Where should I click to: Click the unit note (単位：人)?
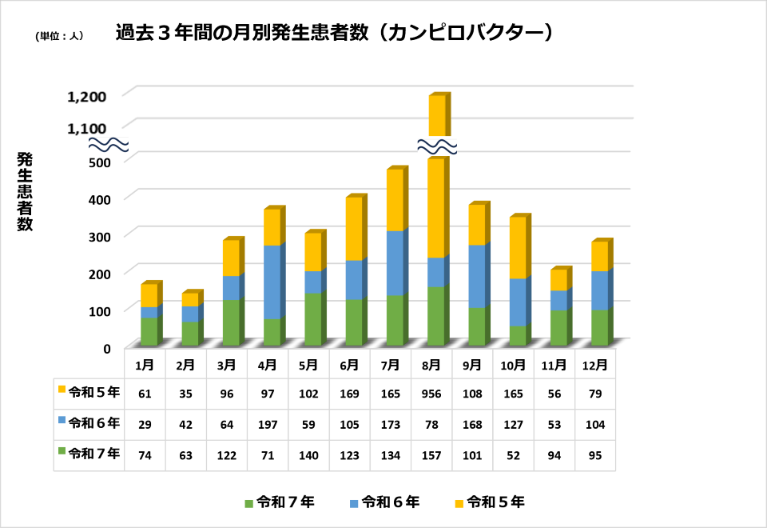tap(60, 36)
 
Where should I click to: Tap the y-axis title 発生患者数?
tap(25, 191)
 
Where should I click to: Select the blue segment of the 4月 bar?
tap(272, 282)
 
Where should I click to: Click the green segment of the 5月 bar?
tap(312, 319)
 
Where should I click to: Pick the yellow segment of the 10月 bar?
tap(518, 247)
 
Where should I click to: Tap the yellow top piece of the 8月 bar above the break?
tap(437, 115)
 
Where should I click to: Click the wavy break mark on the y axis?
tap(108, 145)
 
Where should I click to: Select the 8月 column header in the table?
tap(431, 365)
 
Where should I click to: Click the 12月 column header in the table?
tap(595, 365)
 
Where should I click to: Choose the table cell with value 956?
tap(431, 394)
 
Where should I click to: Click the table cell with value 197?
tap(268, 424)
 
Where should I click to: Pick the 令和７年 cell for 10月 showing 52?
tap(513, 455)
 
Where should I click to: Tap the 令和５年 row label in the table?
tap(89, 392)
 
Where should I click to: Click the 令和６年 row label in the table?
tap(89, 422)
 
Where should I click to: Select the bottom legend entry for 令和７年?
tap(280, 502)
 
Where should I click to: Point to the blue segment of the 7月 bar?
tap(395, 262)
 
